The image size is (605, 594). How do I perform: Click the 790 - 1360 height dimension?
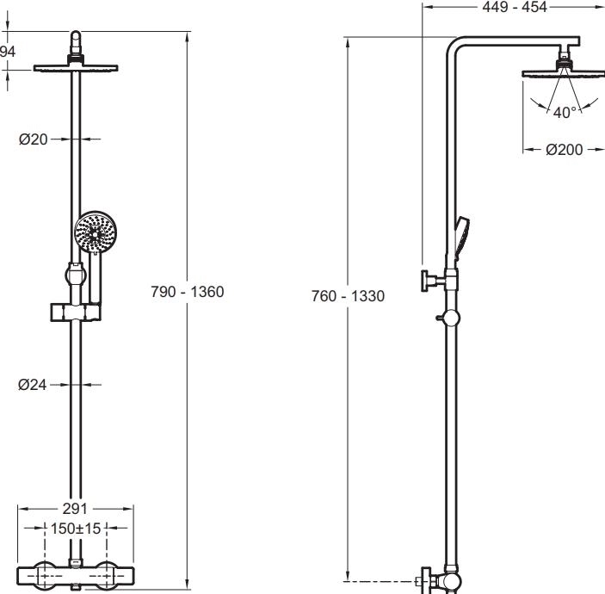coord(187,292)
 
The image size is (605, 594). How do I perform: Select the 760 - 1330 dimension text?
coord(348,296)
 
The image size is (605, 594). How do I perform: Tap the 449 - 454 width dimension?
coord(515,7)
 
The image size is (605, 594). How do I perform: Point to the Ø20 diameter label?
coord(34,139)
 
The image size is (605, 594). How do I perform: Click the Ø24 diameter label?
coord(33,385)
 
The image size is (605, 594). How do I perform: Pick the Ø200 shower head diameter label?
coord(564,150)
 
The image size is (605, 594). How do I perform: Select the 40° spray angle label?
coord(565,112)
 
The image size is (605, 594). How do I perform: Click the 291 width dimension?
coord(75,509)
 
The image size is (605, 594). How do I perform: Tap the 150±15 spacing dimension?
coord(76,529)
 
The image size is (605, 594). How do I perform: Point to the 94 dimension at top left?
coord(7,52)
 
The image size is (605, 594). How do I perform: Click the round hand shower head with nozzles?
coord(96,232)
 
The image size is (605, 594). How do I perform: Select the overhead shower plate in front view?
coord(76,68)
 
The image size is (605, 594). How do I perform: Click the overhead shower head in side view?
coord(564,73)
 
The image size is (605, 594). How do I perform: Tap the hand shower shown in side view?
coord(461,238)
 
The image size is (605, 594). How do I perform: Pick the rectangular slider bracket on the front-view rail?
coord(76,312)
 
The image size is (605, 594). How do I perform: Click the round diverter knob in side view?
coord(450,318)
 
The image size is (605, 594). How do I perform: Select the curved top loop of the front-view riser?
coord(76,39)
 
